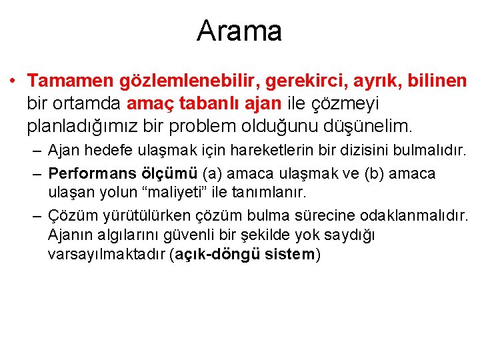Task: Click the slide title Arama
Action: (x=239, y=31)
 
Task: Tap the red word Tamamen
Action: (x=71, y=81)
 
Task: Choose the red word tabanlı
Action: (x=207, y=103)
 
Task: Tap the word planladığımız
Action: (x=95, y=125)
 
